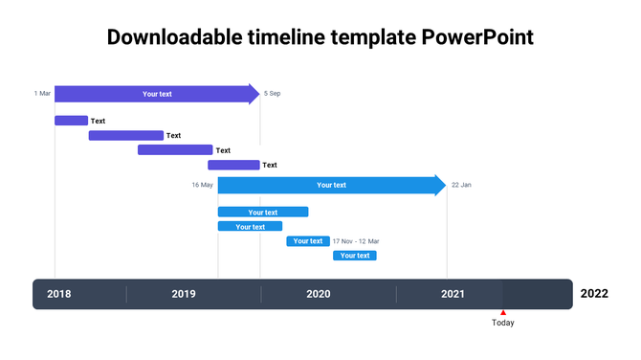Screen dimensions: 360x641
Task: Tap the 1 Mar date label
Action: click(x=42, y=94)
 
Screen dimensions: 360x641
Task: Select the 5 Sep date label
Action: click(x=272, y=94)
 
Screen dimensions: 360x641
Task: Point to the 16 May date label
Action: click(x=202, y=185)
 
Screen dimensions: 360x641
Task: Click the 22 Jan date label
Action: click(x=461, y=185)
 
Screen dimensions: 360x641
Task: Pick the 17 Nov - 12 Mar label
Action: click(x=356, y=241)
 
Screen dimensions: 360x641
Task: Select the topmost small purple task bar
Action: click(x=71, y=121)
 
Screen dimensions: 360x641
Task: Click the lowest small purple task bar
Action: click(x=233, y=165)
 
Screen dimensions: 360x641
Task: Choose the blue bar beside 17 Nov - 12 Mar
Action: click(x=308, y=241)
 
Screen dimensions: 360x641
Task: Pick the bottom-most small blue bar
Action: click(x=355, y=256)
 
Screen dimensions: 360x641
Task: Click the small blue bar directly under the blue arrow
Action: click(x=263, y=213)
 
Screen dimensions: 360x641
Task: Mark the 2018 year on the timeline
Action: click(x=59, y=294)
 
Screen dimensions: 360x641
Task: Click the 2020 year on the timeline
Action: click(x=319, y=294)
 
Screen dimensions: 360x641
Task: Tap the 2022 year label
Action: click(x=593, y=294)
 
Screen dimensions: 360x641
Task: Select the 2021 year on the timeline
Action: click(x=453, y=294)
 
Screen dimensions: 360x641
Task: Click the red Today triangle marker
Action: click(x=503, y=312)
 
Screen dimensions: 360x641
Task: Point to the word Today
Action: click(x=503, y=323)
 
